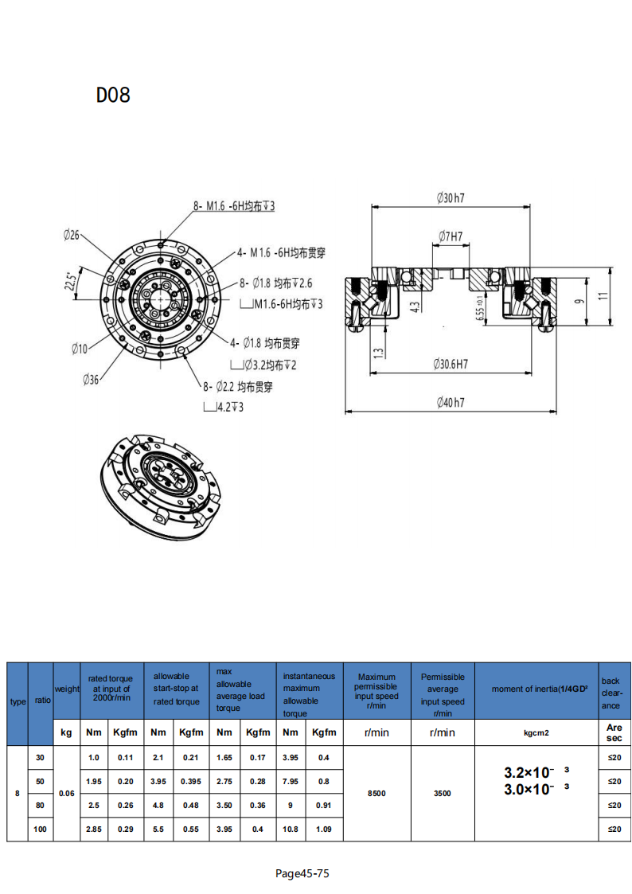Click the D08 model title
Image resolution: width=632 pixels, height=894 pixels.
[113, 95]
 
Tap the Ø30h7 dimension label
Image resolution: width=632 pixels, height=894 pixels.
[450, 198]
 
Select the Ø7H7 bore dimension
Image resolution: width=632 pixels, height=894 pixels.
[450, 236]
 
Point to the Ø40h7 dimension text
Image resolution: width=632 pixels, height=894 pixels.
[450, 403]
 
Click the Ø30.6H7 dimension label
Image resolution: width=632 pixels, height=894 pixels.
[451, 364]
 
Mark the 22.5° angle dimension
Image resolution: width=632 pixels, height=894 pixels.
[70, 282]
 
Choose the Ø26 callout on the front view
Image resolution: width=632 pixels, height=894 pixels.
[72, 235]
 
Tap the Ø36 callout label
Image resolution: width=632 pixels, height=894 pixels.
[91, 380]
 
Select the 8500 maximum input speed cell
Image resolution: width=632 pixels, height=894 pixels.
[376, 793]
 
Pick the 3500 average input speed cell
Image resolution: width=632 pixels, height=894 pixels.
[442, 793]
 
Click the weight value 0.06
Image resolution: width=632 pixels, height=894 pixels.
[67, 793]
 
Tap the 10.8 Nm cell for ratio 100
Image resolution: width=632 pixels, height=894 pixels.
[291, 829]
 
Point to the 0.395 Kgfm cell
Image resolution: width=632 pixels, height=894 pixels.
[190, 781]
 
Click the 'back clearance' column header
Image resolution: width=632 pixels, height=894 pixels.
[611, 693]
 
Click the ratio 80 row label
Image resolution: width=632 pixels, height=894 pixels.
[40, 805]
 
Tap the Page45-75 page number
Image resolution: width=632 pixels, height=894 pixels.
[302, 873]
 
